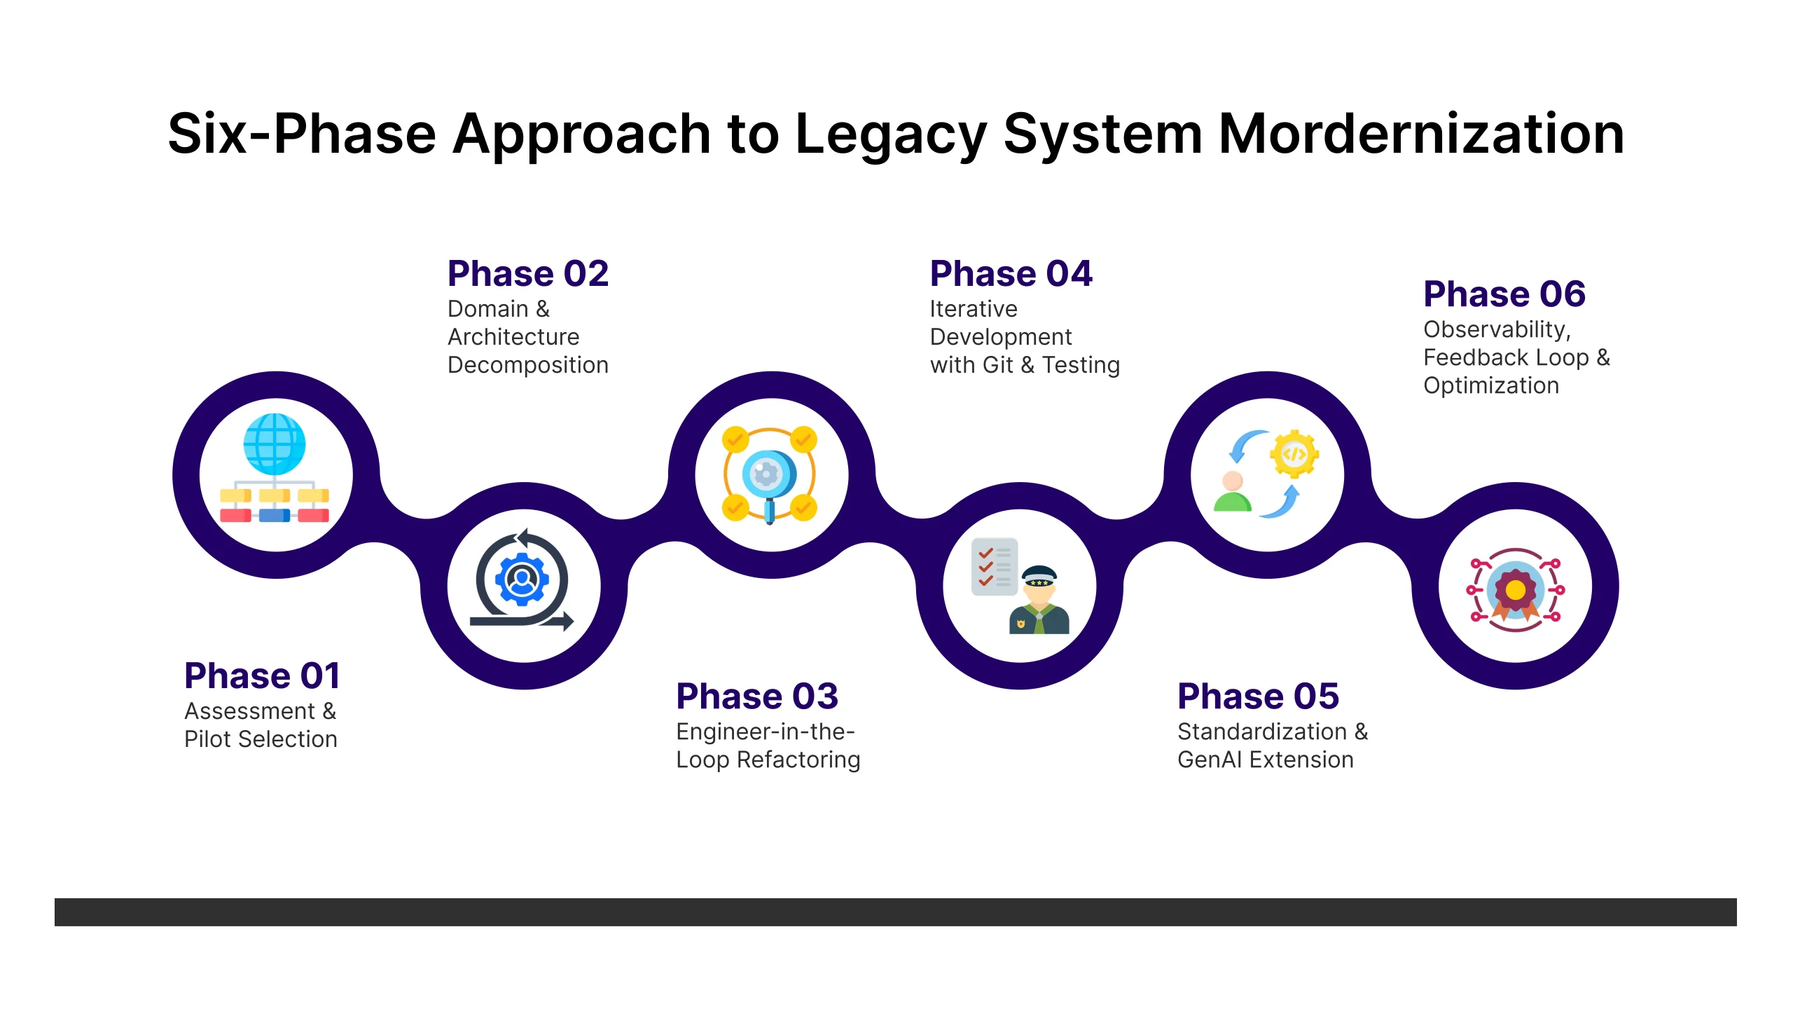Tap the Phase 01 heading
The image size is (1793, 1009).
click(262, 675)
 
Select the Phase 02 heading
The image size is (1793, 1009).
click(528, 273)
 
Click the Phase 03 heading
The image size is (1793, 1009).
click(757, 696)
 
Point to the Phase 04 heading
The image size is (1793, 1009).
click(1011, 273)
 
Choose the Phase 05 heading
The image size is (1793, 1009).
click(1258, 696)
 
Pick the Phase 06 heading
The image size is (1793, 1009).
click(1504, 294)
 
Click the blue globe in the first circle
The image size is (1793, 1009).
click(275, 444)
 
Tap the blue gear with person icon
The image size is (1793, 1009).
click(522, 579)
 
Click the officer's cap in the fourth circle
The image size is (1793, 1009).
click(1039, 576)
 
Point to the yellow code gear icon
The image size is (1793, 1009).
click(1294, 454)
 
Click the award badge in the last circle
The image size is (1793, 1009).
click(1515, 590)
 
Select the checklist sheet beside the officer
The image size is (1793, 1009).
click(994, 566)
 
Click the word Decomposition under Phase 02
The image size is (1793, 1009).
click(528, 365)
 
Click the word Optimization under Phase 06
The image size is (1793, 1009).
click(1491, 385)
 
